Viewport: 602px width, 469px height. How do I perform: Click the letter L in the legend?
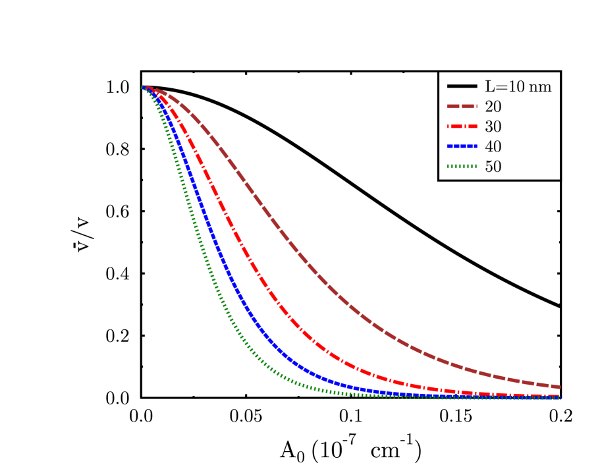click(x=489, y=86)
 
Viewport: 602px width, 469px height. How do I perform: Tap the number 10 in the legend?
click(x=513, y=86)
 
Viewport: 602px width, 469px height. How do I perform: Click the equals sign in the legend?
click(x=499, y=86)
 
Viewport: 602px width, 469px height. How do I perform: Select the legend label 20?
click(x=493, y=107)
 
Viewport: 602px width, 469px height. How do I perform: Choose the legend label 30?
click(x=493, y=126)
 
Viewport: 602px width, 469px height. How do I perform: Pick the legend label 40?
click(x=493, y=147)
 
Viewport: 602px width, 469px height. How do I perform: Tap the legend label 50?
click(x=493, y=167)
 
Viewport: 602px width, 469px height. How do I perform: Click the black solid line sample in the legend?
click(x=462, y=86)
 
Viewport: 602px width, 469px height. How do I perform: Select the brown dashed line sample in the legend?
click(x=462, y=106)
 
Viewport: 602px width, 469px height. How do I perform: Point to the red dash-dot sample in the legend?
click(x=462, y=126)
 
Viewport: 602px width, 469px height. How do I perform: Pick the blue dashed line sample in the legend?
click(x=462, y=146)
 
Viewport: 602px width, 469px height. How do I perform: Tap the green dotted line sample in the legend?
click(x=462, y=167)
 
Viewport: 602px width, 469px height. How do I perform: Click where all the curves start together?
click(x=143, y=87)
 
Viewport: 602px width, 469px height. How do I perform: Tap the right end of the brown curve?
click(x=559, y=387)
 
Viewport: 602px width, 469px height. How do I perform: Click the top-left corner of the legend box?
click(x=440, y=72)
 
